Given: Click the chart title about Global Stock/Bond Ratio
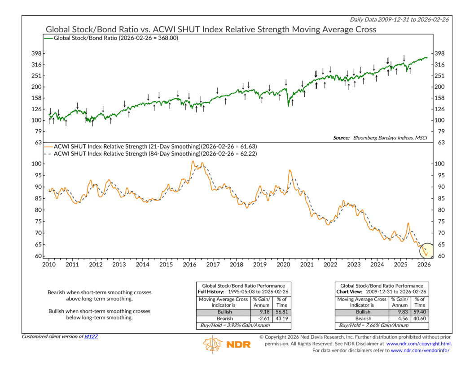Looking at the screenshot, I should click(x=211, y=30).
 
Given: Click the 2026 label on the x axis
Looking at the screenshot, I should click(x=424, y=264).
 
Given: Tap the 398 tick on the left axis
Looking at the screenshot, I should click(x=36, y=53).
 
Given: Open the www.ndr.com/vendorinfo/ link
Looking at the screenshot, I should click(x=420, y=350).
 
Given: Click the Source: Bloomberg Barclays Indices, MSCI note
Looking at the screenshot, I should click(x=380, y=138).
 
